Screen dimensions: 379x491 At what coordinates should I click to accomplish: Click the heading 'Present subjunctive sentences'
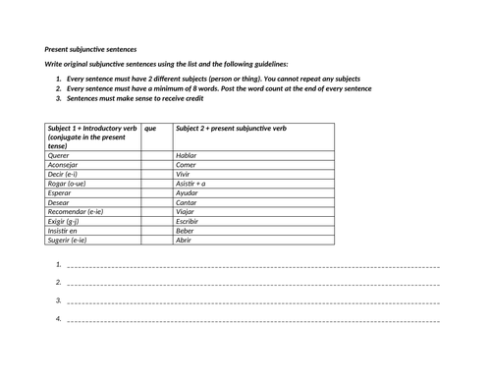(91, 48)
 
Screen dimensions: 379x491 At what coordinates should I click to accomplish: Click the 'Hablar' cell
(187, 155)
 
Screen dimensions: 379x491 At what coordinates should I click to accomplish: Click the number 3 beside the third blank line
(59, 300)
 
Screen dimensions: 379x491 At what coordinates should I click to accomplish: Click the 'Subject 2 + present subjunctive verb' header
(231, 128)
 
